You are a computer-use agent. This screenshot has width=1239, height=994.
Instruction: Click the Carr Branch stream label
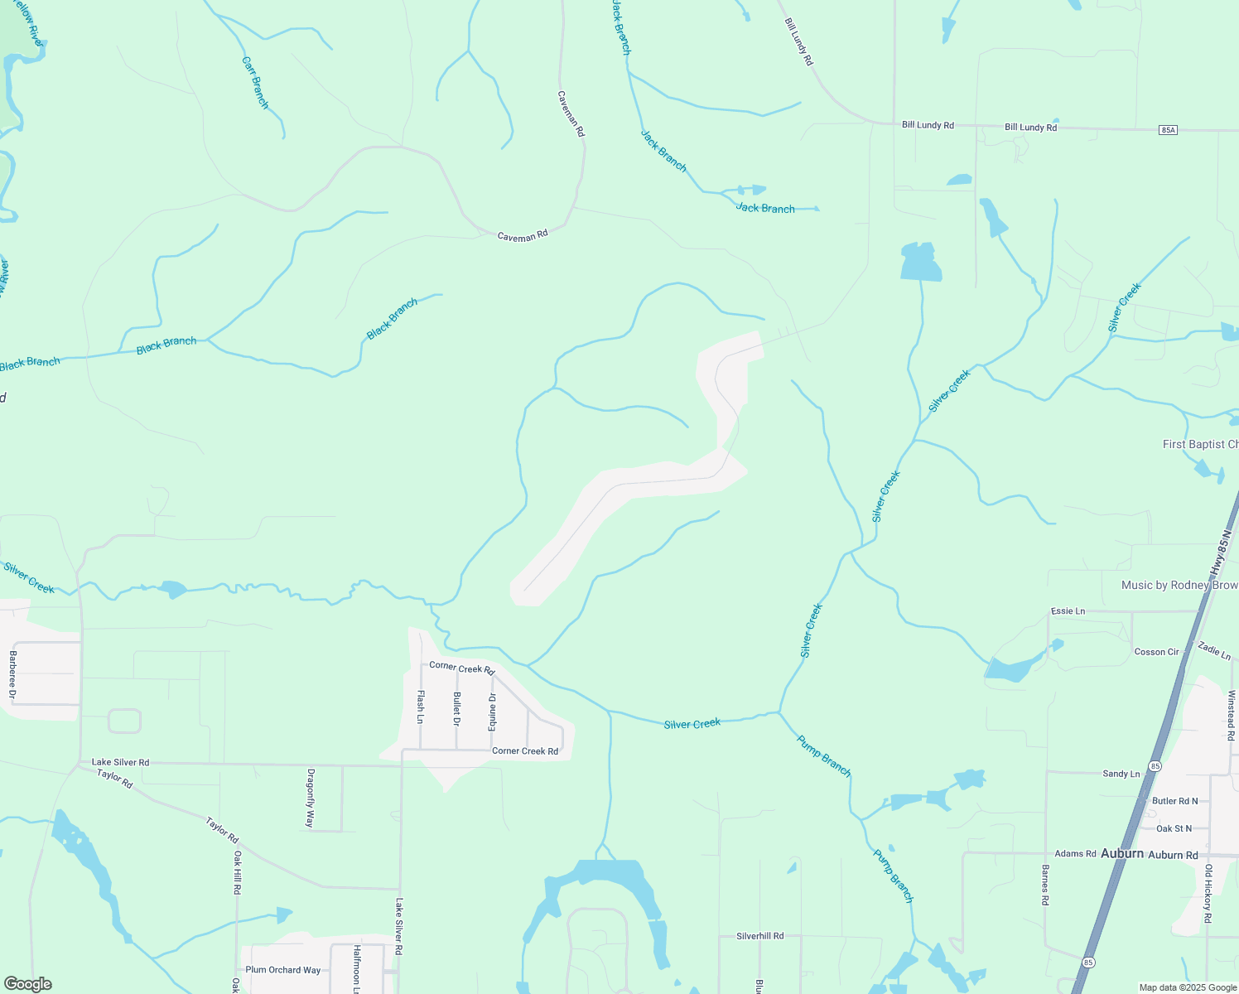255,83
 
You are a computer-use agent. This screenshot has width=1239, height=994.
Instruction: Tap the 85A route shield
1168,130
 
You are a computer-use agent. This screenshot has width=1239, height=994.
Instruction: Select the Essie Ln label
1068,611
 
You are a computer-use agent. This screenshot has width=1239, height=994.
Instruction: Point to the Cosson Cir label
1156,652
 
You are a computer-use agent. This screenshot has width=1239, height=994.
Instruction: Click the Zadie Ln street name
1214,651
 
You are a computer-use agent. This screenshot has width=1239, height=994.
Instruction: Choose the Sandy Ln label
1121,774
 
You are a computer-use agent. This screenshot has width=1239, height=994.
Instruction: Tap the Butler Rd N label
1175,801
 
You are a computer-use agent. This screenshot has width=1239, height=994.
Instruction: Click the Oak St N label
1174,828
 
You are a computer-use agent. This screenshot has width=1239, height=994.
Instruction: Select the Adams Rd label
1075,853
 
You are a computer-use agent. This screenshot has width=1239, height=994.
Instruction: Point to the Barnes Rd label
1045,885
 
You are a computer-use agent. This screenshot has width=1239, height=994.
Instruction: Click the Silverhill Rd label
759,936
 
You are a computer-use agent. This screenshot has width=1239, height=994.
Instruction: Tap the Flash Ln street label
421,707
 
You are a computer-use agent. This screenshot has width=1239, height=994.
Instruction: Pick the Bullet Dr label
456,709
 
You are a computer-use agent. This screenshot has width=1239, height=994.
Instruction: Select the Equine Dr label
492,710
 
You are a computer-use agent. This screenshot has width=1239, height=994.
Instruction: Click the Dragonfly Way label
311,799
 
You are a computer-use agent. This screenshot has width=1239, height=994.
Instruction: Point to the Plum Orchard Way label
282,970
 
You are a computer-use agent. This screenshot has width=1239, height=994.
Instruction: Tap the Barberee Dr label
12,674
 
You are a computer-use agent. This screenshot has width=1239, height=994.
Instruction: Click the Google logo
27,984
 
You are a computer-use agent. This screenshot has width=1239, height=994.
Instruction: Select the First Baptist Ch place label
1200,445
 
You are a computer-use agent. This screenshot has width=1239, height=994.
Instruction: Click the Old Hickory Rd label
1208,895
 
